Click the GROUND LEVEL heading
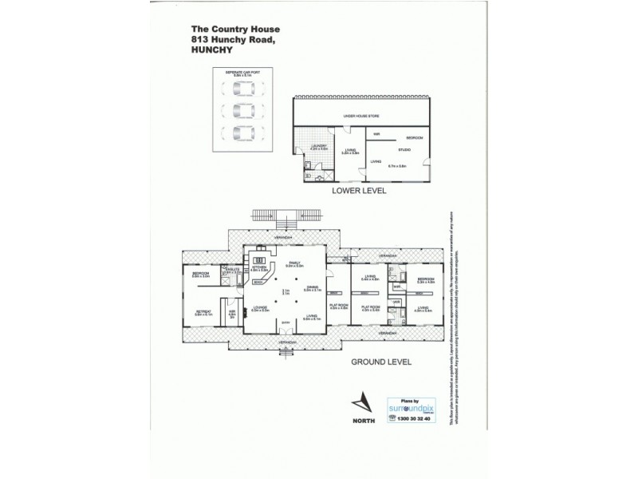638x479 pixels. point(380,362)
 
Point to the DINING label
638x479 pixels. point(311,290)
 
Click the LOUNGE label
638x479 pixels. point(260,308)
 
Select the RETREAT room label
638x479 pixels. point(203,312)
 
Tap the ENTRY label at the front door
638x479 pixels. point(285,323)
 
